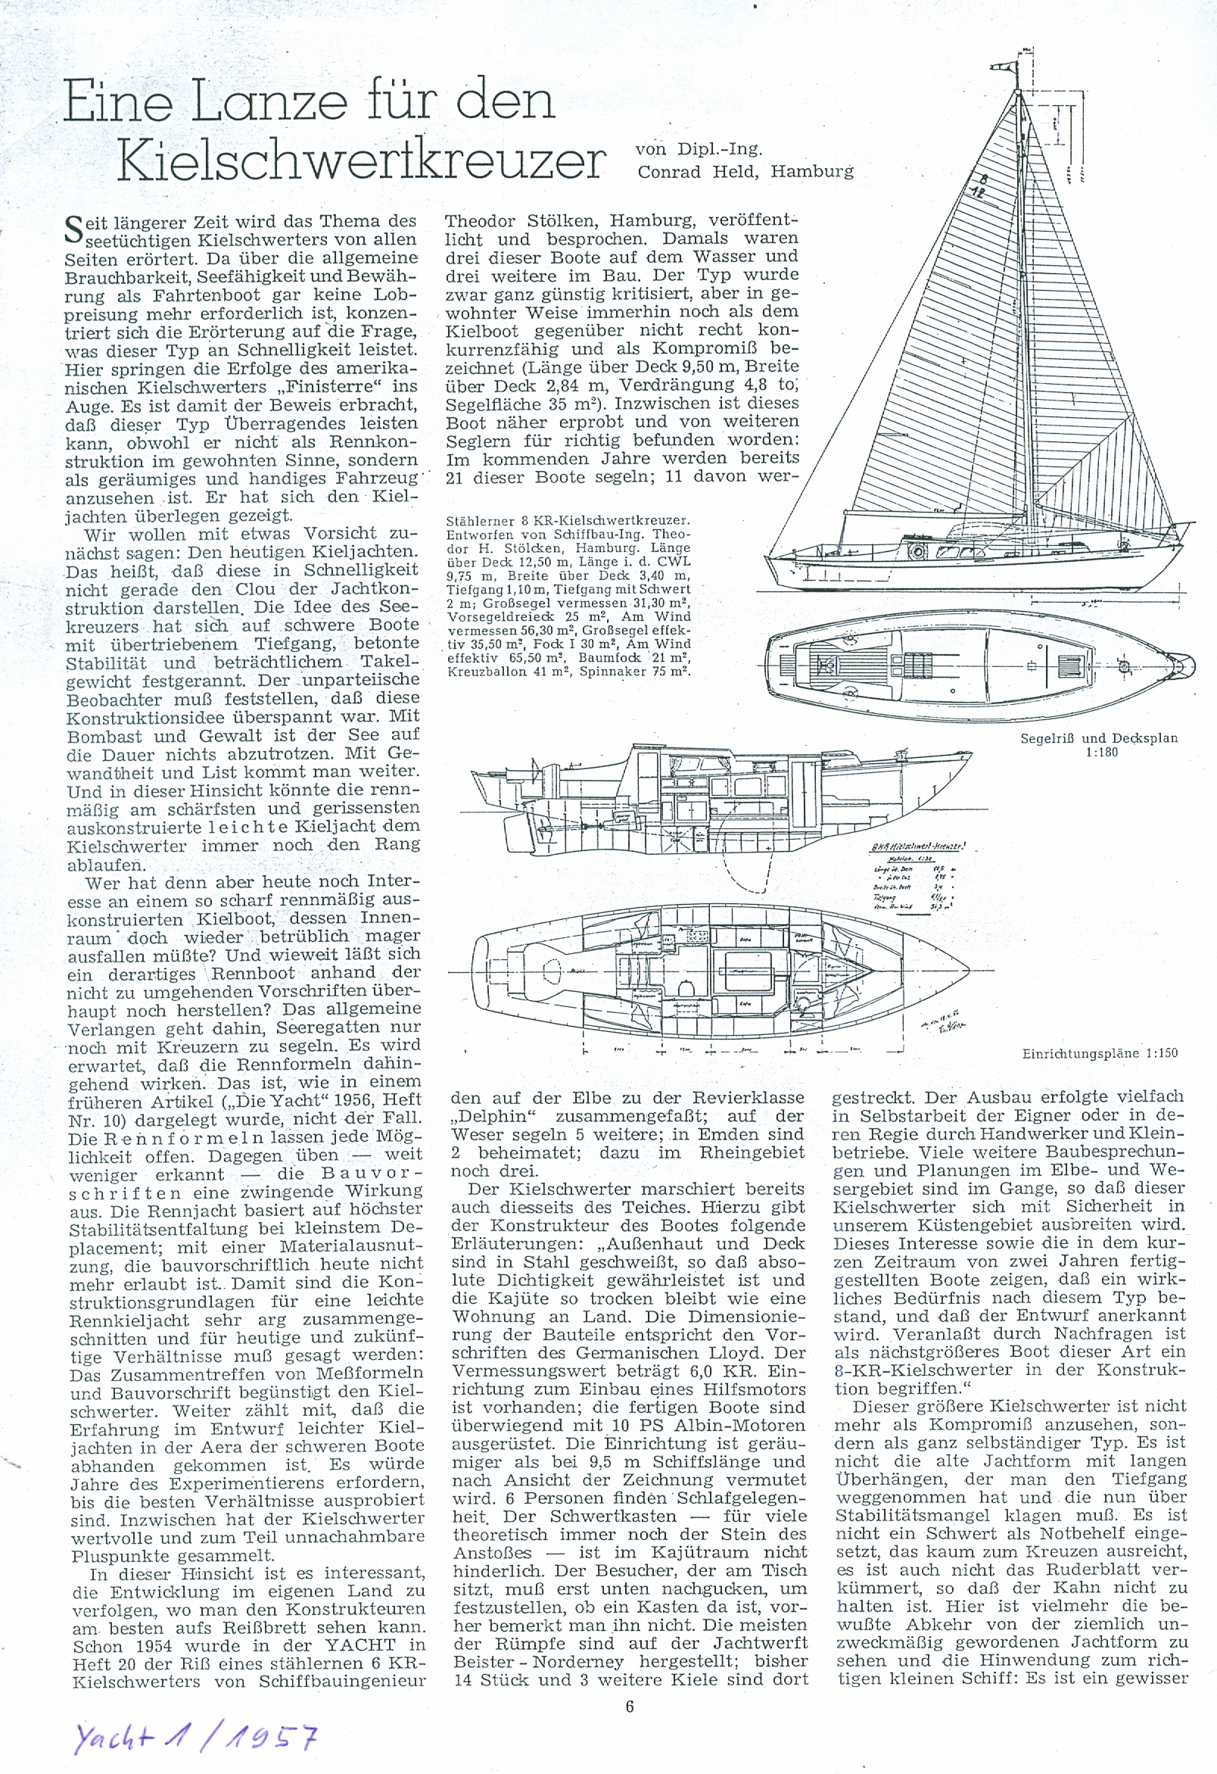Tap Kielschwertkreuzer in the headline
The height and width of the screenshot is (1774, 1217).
pos(363,158)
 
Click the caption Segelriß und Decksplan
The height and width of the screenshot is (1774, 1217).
pos(1099,738)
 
